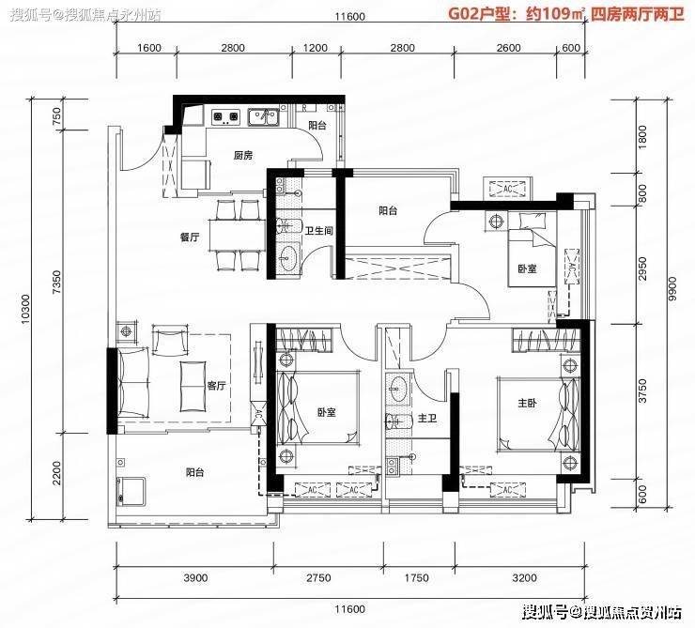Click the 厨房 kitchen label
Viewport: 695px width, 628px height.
[x=243, y=156]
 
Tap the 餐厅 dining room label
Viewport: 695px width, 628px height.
[x=190, y=237]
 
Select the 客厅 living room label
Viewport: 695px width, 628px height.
[x=216, y=386]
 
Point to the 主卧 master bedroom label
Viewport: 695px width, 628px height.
[x=527, y=403]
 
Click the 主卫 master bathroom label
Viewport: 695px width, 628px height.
[x=427, y=418]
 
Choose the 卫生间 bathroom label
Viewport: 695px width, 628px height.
[x=318, y=230]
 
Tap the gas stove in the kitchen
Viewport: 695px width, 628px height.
[x=225, y=116]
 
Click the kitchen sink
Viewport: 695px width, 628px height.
[x=263, y=117]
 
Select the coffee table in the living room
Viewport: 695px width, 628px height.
[x=193, y=386]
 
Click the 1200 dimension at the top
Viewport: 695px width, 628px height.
[x=316, y=48]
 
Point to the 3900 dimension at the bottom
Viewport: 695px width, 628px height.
[x=195, y=578]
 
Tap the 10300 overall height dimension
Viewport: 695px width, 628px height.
[x=25, y=309]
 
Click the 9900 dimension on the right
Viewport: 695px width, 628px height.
[x=672, y=289]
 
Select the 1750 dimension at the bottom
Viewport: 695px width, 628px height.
[x=417, y=578]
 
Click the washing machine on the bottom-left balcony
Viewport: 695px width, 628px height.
[x=131, y=491]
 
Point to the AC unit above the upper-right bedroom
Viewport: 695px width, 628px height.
[x=508, y=189]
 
